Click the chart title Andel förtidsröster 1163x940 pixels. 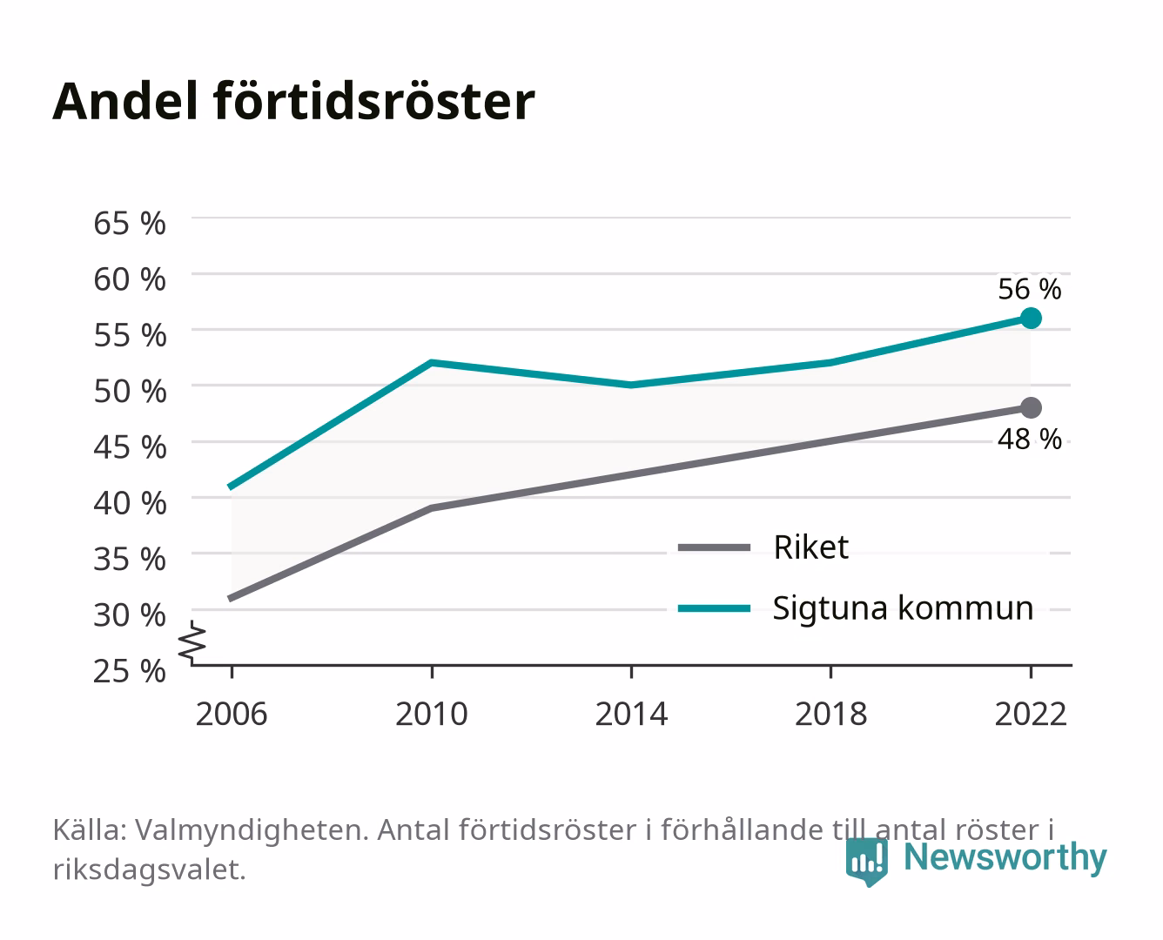pyautogui.click(x=293, y=101)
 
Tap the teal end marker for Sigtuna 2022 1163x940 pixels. pyautogui.click(x=1031, y=318)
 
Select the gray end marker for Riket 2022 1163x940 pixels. pyautogui.click(x=1031, y=407)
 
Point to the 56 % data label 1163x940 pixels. pyautogui.click(x=1030, y=289)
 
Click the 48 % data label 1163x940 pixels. pyautogui.click(x=1030, y=439)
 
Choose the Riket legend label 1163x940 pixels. pyautogui.click(x=810, y=547)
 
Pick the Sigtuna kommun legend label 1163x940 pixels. pyautogui.click(x=903, y=608)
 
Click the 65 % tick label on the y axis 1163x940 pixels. pyautogui.click(x=130, y=224)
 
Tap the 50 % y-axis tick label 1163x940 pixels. pyautogui.click(x=130, y=392)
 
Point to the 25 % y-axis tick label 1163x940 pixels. pyautogui.click(x=130, y=671)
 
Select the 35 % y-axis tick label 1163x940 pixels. pyautogui.click(x=130, y=559)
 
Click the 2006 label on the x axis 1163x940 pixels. pyautogui.click(x=232, y=714)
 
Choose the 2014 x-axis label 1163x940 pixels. pyautogui.click(x=631, y=714)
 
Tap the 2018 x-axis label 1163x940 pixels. pyautogui.click(x=831, y=714)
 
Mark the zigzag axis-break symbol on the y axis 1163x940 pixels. pyautogui.click(x=192, y=642)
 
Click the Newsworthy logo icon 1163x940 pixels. pyautogui.click(x=866, y=862)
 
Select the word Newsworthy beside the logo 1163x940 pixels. pyautogui.click(x=1005, y=857)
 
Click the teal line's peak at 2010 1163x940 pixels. pyautogui.click(x=432, y=362)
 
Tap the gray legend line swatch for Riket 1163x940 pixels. pyautogui.click(x=714, y=547)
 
